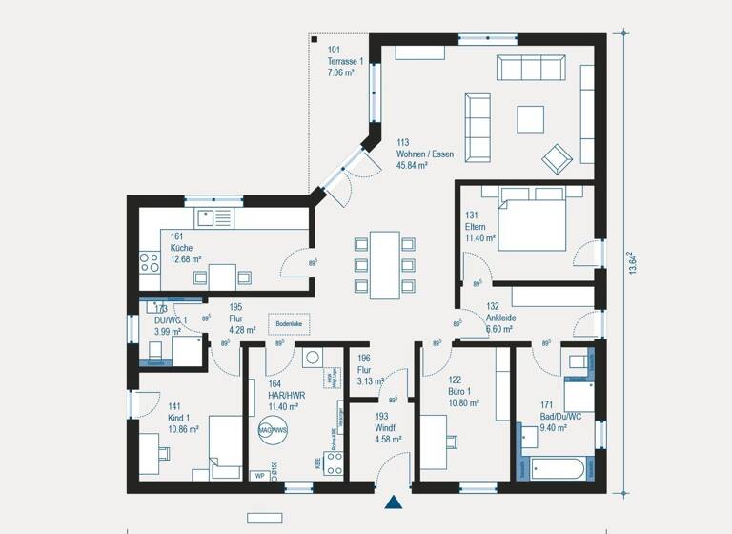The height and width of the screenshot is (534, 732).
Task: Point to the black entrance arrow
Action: point(393,502)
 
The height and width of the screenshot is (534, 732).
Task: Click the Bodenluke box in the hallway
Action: point(288,324)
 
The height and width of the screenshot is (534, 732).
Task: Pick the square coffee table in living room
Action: point(531,118)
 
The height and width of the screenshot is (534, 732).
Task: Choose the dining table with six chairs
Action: point(385,264)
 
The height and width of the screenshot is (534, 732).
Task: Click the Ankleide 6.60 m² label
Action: point(500,318)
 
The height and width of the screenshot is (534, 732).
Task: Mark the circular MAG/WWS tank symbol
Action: point(272,431)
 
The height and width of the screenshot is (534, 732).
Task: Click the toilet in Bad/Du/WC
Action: point(579,362)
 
